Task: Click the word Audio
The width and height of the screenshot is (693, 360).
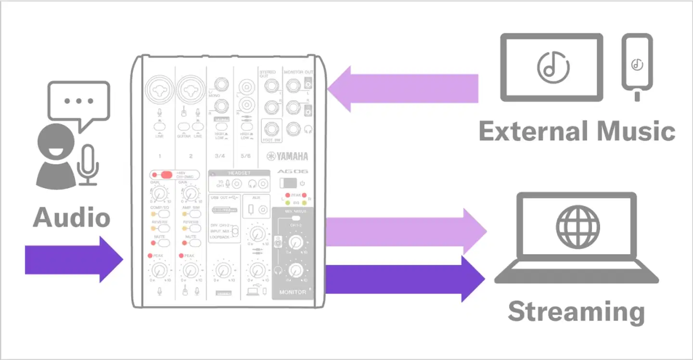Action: [x=71, y=218]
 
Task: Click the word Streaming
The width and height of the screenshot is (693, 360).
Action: [x=576, y=312]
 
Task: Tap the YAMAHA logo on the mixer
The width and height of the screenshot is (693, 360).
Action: [x=287, y=156]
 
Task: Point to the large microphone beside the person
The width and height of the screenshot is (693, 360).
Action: [x=88, y=164]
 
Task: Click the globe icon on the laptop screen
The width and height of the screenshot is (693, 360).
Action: [x=577, y=227]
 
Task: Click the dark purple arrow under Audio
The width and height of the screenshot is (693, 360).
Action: [x=72, y=259]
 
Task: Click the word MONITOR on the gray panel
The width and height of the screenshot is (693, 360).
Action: [x=292, y=292]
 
